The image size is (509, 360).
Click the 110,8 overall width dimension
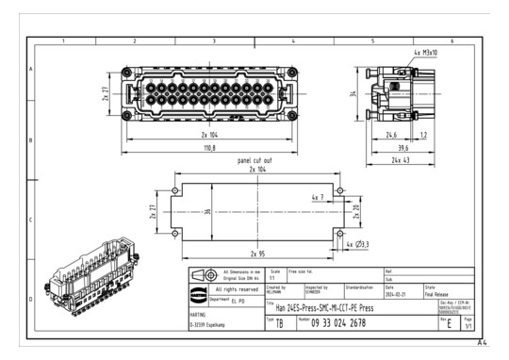click(209, 148)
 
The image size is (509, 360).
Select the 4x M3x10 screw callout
click(425, 53)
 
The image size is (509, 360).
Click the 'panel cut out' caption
click(256, 160)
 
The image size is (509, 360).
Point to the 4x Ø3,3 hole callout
click(360, 245)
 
